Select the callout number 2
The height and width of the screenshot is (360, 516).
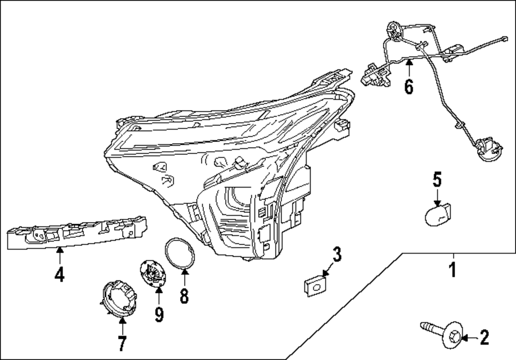pos(484,338)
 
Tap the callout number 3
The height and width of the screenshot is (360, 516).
pos(336,254)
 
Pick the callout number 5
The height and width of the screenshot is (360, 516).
pos(437,180)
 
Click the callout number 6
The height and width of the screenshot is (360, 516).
pos(409,87)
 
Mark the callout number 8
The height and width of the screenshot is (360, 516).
pos(184,295)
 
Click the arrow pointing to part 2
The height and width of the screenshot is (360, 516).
pos(465,338)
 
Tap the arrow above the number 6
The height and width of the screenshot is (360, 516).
pos(408,67)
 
